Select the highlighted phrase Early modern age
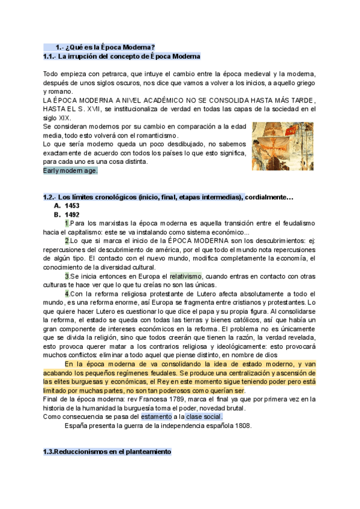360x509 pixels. tap(70, 170)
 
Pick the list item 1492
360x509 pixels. tap(72, 214)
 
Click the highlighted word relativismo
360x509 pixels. tap(188, 276)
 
